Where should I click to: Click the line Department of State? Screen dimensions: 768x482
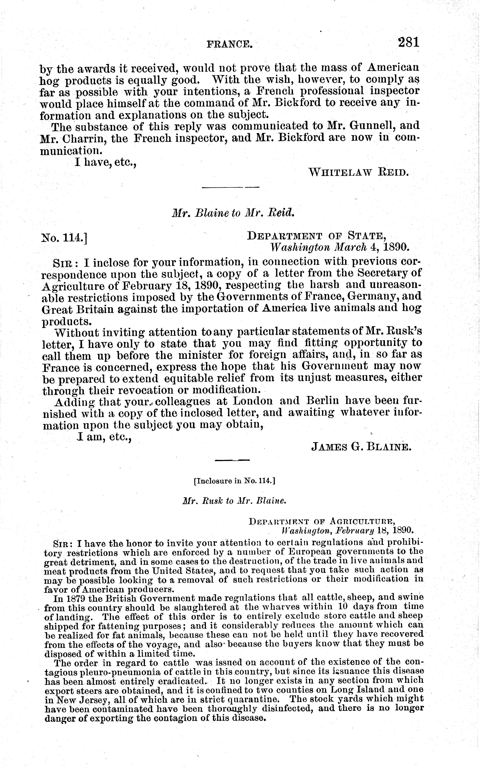(x=317, y=236)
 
